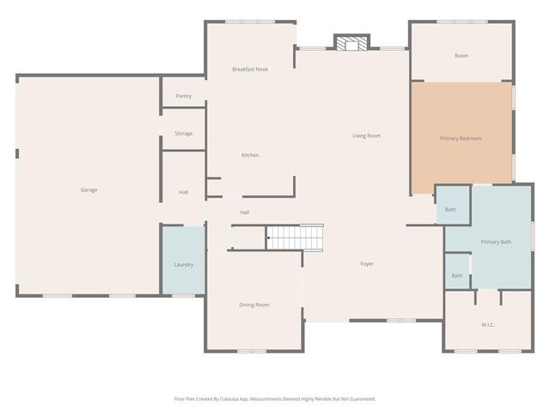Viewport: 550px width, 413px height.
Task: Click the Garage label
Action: click(x=89, y=189)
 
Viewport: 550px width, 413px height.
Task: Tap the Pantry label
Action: click(x=183, y=96)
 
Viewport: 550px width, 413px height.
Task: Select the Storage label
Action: click(x=183, y=133)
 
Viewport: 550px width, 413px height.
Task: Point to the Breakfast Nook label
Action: click(x=250, y=69)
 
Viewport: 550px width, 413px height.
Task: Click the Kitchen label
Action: click(x=250, y=155)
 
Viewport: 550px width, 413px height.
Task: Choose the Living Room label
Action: click(x=366, y=136)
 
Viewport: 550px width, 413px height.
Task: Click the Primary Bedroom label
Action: click(x=461, y=139)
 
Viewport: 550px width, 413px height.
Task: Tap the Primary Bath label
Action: click(x=496, y=242)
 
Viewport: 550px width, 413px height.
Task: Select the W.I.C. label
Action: click(x=488, y=324)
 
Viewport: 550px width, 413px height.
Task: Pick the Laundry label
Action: click(x=183, y=264)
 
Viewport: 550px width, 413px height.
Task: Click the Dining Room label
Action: click(x=254, y=305)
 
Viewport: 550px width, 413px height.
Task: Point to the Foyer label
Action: click(x=367, y=263)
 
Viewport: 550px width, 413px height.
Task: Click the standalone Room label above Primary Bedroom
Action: click(x=461, y=56)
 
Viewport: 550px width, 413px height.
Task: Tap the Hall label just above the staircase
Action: click(x=245, y=212)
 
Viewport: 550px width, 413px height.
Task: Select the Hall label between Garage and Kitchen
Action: click(x=183, y=192)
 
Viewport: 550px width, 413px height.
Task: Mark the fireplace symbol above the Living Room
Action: click(x=351, y=44)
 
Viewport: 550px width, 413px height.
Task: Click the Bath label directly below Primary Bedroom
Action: click(x=450, y=209)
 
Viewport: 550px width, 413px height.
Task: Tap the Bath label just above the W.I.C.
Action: click(x=457, y=275)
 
